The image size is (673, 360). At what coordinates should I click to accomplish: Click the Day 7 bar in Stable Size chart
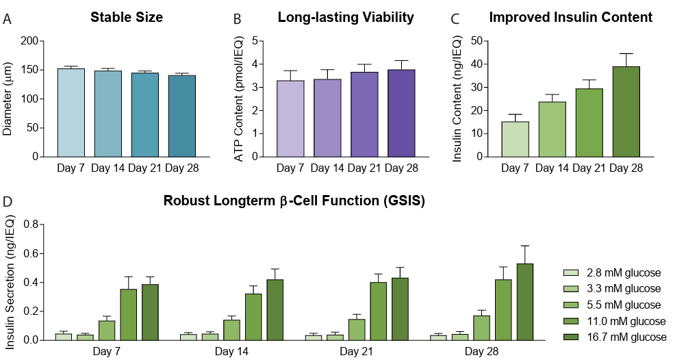[x=71, y=113]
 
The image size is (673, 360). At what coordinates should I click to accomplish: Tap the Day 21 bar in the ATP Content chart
[x=364, y=114]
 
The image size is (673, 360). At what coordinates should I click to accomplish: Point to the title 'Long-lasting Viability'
[x=346, y=17]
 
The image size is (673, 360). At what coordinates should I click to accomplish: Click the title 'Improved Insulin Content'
[x=570, y=17]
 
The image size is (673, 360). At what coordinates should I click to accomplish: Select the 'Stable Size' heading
[x=127, y=17]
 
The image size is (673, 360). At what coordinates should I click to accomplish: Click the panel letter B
[x=237, y=19]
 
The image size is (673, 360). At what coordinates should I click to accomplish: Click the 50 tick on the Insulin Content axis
[x=477, y=41]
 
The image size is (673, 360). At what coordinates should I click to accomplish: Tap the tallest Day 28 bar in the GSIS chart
[x=524, y=302]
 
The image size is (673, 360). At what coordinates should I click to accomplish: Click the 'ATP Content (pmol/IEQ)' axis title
[x=239, y=99]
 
